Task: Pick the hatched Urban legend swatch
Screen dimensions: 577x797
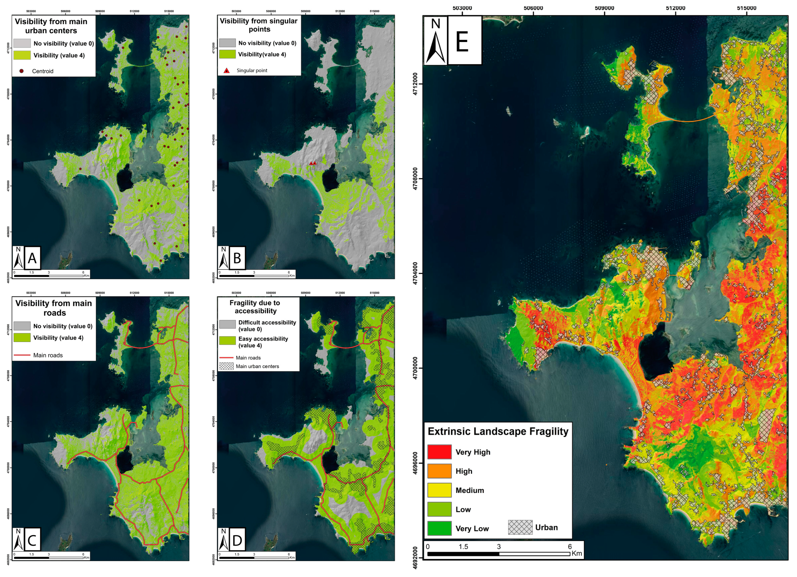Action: click(520, 527)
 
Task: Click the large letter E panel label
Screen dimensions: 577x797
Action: click(462, 41)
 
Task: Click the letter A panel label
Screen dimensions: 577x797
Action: click(32, 258)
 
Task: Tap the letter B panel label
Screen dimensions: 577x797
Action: click(237, 258)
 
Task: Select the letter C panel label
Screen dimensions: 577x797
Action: click(32, 540)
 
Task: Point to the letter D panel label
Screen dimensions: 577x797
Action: click(237, 540)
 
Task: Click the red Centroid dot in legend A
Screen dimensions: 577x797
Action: click(21, 71)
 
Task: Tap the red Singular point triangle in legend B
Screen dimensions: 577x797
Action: click(227, 71)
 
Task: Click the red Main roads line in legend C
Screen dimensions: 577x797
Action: click(22, 355)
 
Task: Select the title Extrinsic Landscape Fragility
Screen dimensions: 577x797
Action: click(498, 431)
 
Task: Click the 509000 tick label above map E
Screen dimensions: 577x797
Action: click(604, 8)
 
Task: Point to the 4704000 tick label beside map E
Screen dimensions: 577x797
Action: click(416, 273)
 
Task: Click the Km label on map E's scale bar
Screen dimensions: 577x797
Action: click(577, 554)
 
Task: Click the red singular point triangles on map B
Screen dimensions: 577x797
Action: click(313, 163)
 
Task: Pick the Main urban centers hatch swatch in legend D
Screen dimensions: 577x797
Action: click(226, 366)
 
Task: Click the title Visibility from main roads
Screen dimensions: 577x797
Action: click(54, 308)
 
